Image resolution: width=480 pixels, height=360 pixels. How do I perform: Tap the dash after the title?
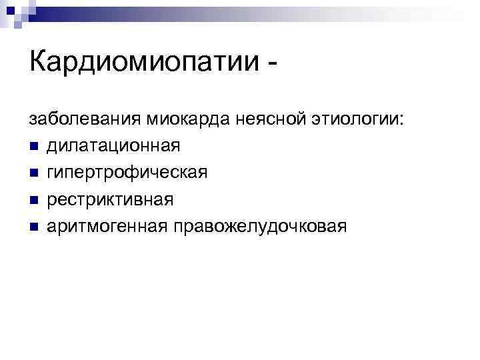[x=271, y=67]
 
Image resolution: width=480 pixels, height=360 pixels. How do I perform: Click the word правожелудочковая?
[x=260, y=227]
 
